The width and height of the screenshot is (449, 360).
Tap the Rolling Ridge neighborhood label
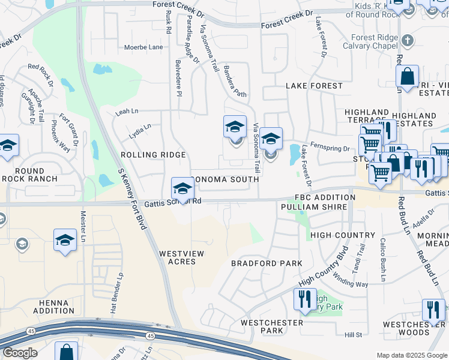click(x=153, y=155)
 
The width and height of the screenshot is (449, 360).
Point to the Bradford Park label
click(x=267, y=263)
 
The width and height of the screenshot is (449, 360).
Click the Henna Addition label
click(x=54, y=306)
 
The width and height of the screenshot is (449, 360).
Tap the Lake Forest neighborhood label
click(x=314, y=86)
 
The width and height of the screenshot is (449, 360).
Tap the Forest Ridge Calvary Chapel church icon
click(x=408, y=41)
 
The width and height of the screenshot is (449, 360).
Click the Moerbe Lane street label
click(x=143, y=47)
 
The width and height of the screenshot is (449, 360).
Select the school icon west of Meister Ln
click(x=65, y=241)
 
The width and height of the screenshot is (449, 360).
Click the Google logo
click(x=20, y=353)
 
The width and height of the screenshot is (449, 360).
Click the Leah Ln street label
click(x=127, y=112)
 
